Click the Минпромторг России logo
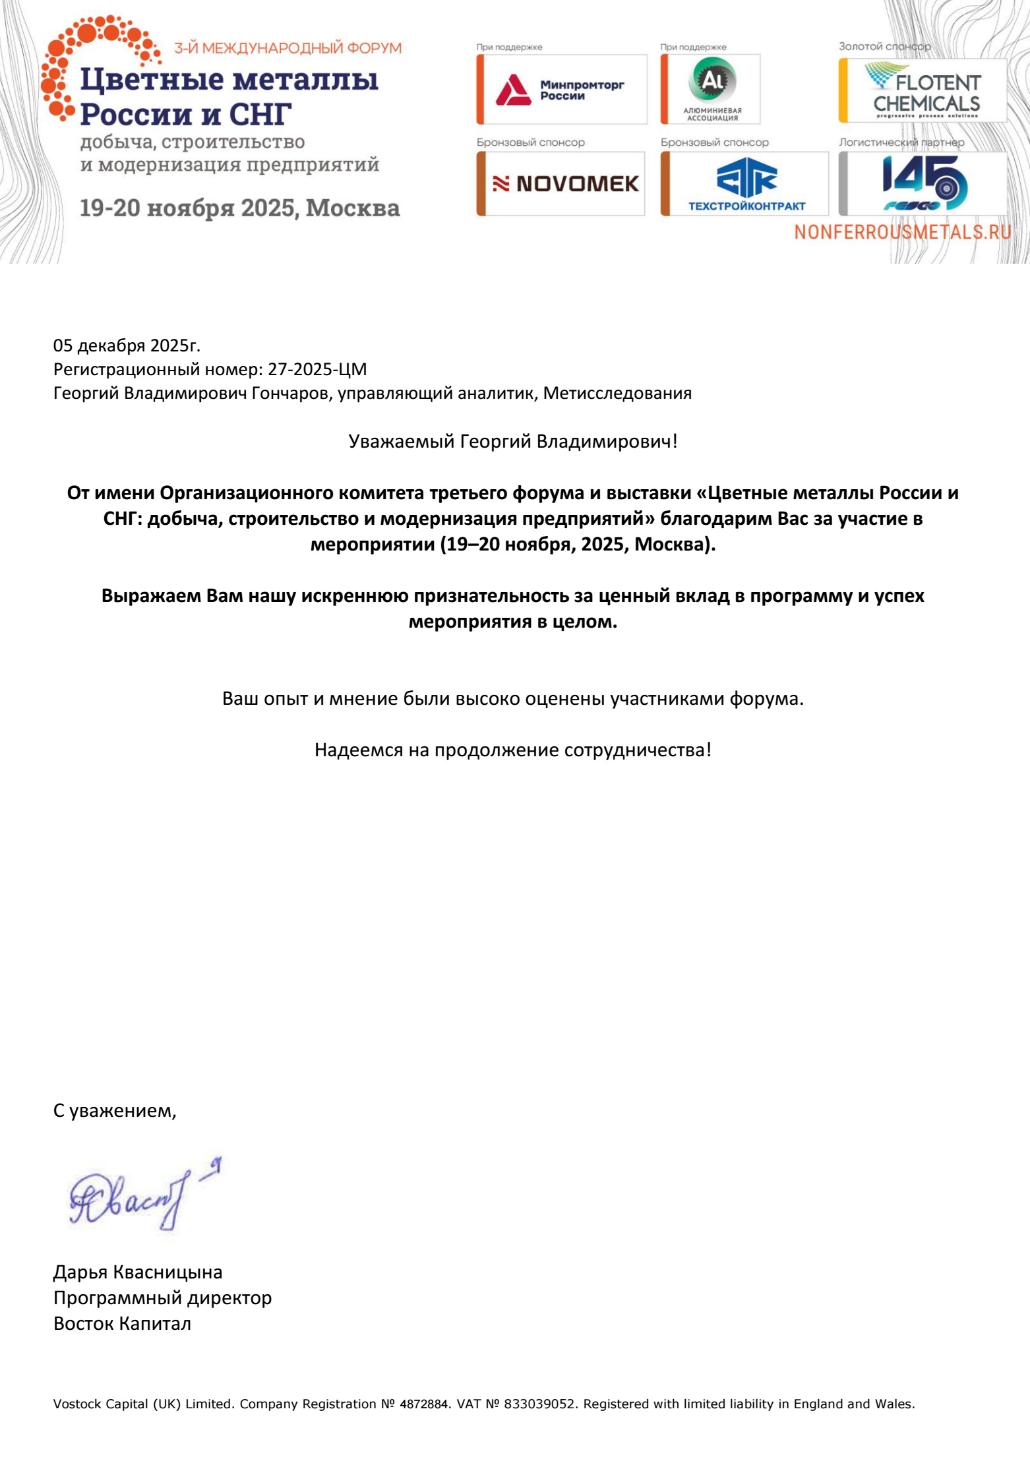point(561,90)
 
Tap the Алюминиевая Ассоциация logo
point(712,90)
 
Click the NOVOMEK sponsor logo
point(564,184)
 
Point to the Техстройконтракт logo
point(746,184)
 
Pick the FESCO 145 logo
point(924,183)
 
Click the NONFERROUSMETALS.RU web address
point(902,232)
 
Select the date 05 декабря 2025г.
point(127,345)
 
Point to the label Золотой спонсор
point(884,46)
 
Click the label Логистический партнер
point(901,142)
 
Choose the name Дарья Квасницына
point(138,1272)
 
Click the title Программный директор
point(162,1298)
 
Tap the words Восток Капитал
point(122,1323)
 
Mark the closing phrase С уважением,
point(115,1111)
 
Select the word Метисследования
point(617,393)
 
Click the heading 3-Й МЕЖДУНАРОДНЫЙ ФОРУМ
point(288,47)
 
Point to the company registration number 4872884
point(424,1404)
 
